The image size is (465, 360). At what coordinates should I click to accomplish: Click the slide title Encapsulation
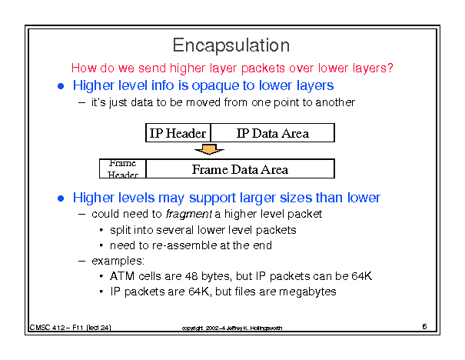231,45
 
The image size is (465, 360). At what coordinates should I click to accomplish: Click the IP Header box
178,132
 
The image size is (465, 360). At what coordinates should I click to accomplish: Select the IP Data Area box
273,132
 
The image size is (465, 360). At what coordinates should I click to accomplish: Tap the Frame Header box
123,168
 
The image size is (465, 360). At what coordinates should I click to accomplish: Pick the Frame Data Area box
241,168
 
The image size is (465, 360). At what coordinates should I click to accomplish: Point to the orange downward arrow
209,149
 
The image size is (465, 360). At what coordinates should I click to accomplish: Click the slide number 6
424,326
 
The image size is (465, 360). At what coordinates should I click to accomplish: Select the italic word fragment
189,214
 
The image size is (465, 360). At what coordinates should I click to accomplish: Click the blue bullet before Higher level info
61,86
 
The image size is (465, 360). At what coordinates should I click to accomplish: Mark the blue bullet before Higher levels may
61,198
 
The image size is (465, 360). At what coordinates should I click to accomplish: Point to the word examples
118,262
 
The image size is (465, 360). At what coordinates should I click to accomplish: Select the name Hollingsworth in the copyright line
266,328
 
